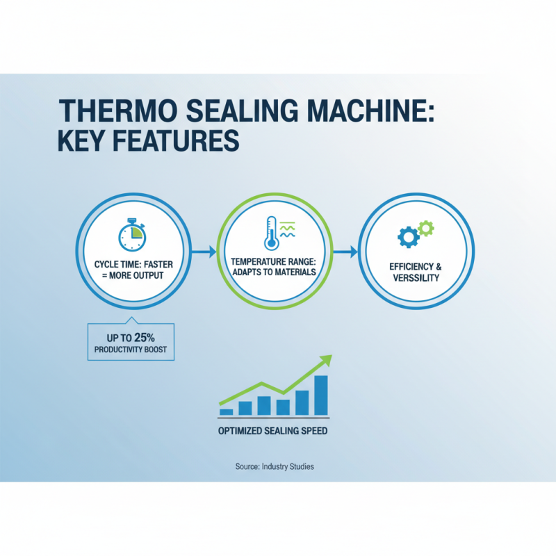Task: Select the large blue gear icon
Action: pos(408,237)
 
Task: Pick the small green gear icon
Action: pos(427,227)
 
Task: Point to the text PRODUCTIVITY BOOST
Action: pos(131,350)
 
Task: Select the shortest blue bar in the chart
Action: pos(227,411)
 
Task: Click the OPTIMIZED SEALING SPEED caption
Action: pos(272,431)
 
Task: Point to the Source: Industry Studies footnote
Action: pos(275,466)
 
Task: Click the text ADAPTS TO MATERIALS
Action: pos(273,272)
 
